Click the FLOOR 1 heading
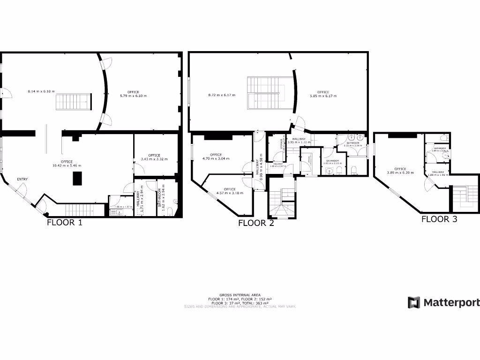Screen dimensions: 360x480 click(x=65, y=222)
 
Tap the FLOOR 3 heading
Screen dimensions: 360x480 click(x=439, y=218)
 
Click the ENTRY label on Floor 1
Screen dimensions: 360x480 click(x=22, y=180)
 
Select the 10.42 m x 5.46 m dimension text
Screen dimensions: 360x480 click(x=67, y=165)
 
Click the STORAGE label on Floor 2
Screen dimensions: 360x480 click(x=281, y=143)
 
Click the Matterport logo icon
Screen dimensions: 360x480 click(x=413, y=302)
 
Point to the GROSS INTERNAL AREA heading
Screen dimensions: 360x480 click(x=240, y=295)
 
